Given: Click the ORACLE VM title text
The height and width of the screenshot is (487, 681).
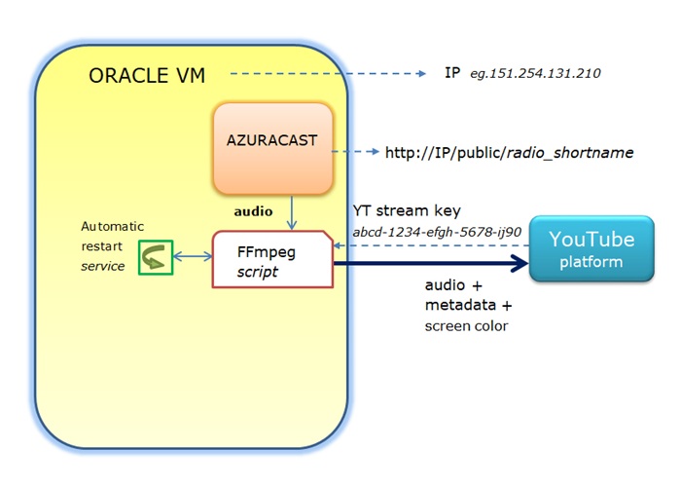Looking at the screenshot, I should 147,75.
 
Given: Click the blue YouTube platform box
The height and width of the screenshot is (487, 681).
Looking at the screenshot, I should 591,249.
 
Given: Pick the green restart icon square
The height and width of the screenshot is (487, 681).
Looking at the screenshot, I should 156,257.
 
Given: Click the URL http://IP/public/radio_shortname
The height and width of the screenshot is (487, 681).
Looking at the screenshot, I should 509,152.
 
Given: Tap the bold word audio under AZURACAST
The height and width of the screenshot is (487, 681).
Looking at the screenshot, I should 253,209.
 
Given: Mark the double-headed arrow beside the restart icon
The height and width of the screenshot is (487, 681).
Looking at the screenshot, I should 193,257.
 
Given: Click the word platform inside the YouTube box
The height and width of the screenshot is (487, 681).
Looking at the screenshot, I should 591,262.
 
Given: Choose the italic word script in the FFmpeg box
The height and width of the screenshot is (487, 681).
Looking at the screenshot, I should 258,273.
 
